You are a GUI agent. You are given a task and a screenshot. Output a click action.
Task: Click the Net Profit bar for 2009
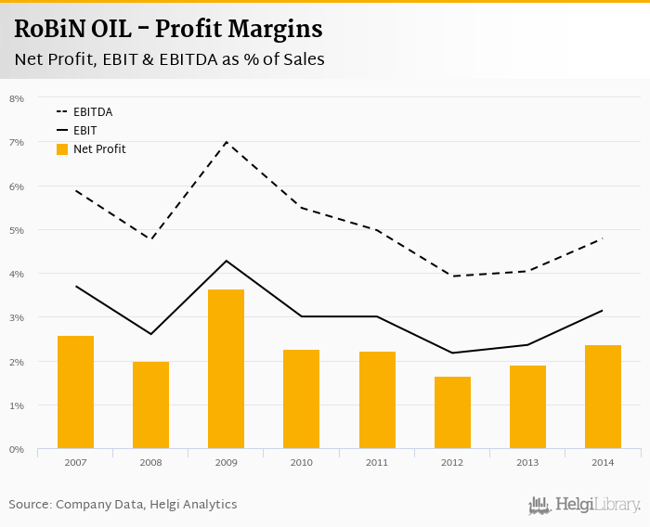(226, 369)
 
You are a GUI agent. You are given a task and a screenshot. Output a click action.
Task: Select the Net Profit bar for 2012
(452, 413)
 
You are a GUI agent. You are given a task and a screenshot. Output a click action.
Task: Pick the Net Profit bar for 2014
(603, 397)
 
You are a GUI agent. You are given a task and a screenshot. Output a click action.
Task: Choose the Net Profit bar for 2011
(377, 401)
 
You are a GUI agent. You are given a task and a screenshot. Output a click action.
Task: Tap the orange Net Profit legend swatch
(62, 149)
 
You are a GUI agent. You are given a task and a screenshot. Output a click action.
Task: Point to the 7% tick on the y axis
(17, 142)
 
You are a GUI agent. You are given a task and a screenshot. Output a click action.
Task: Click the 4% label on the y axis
(17, 274)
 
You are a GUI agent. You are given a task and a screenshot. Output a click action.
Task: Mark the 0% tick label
(17, 449)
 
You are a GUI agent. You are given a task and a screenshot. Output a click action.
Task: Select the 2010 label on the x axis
(302, 462)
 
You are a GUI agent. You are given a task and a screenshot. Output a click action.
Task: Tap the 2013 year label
(527, 462)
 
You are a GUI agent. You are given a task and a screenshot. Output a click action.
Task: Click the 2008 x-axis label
(150, 462)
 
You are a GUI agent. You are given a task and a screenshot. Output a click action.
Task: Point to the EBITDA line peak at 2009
(226, 142)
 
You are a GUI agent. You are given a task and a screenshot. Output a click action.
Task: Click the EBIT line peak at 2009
(226, 261)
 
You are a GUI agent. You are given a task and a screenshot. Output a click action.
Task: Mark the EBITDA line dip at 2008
(150, 239)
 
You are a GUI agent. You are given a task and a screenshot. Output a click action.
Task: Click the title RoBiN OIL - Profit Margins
(169, 30)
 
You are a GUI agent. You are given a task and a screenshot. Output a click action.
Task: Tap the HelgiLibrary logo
(585, 506)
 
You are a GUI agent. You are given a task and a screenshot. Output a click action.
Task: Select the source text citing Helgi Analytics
(123, 505)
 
